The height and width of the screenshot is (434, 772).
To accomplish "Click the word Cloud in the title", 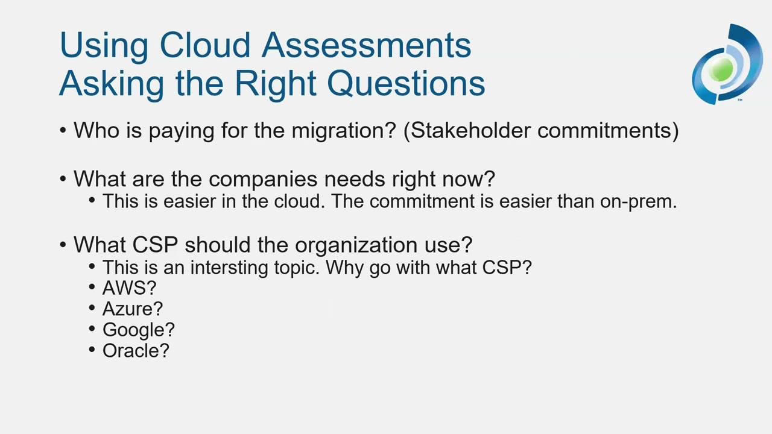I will click(204, 45).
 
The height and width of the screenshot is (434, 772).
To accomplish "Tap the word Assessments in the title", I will click(366, 45).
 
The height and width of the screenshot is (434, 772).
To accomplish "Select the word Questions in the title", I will click(406, 83).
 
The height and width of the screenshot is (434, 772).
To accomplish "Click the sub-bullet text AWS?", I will click(129, 288).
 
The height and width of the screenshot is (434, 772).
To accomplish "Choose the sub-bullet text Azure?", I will click(132, 309).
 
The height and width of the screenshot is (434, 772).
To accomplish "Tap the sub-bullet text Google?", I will click(138, 330).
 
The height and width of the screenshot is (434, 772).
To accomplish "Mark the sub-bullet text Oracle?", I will click(136, 350).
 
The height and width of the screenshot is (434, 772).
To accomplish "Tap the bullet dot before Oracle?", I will click(92, 349).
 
